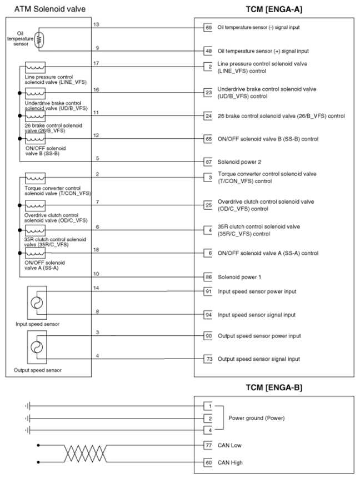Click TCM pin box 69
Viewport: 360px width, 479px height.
208,27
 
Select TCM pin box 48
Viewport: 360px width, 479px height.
208,50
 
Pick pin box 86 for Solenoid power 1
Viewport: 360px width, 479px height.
208,276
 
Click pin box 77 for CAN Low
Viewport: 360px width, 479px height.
208,445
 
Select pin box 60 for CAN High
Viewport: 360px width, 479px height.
208,462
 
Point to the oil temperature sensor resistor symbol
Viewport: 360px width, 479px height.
38,39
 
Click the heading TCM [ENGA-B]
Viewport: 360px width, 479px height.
274,387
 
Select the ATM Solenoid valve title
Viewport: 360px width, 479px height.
46,9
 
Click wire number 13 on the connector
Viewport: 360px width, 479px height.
97,24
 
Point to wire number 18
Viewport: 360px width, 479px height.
97,250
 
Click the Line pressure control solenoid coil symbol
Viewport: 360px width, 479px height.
34,68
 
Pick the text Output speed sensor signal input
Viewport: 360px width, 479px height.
258,359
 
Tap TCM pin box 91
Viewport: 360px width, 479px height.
208,291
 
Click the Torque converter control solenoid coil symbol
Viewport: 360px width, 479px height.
34,179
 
